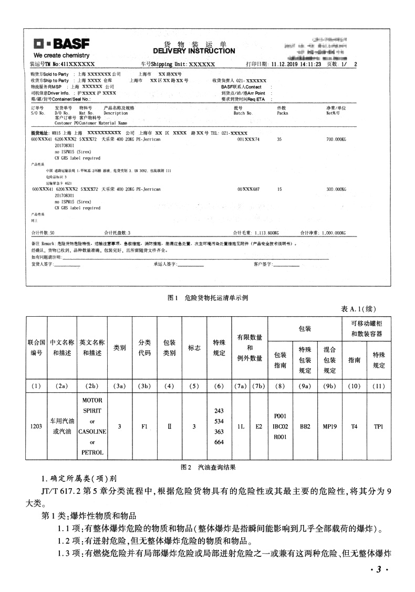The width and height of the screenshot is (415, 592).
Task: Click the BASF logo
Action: click(x=61, y=44)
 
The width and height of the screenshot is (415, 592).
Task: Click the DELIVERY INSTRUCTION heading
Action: click(x=194, y=51)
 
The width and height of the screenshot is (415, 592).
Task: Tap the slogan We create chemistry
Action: click(x=61, y=55)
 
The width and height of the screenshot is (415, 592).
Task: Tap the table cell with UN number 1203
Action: click(x=36, y=426)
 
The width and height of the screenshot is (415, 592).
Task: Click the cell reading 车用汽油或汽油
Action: click(x=62, y=426)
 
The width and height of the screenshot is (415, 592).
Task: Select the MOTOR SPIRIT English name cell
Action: click(x=92, y=426)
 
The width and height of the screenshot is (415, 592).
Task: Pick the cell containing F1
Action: click(x=144, y=426)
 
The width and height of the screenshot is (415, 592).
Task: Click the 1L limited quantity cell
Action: click(x=240, y=426)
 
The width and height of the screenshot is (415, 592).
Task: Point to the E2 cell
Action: click(x=258, y=426)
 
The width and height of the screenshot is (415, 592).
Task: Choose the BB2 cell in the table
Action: click(x=305, y=426)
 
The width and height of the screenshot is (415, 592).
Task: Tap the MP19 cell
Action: click(x=329, y=426)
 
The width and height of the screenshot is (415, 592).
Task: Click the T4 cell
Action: click(x=354, y=426)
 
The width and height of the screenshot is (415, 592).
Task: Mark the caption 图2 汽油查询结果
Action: click(x=207, y=466)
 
